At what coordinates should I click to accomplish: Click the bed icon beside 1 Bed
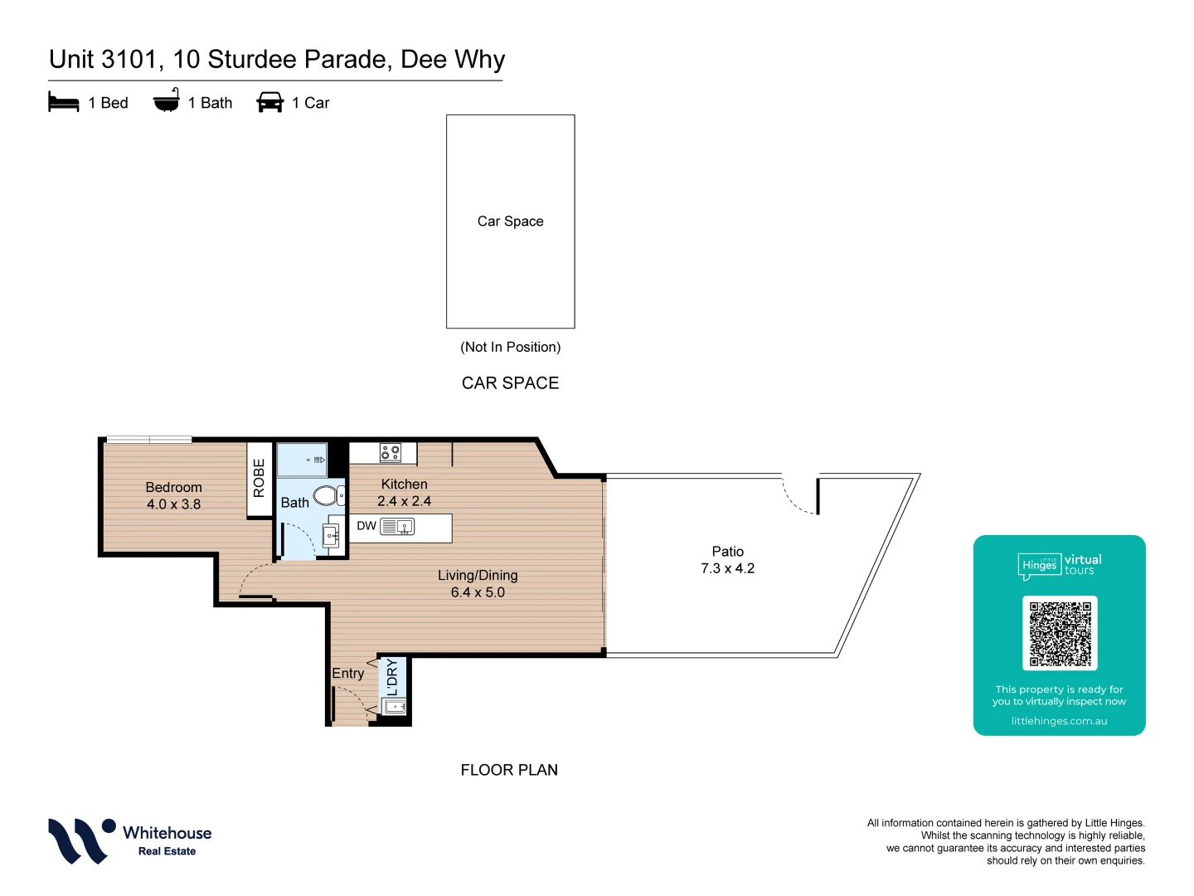click(64, 102)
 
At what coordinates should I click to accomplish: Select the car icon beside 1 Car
click(270, 102)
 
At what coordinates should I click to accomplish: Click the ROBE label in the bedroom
click(259, 479)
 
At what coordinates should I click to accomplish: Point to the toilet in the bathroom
click(327, 495)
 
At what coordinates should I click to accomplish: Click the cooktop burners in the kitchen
click(390, 453)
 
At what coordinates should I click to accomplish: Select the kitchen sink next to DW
click(397, 526)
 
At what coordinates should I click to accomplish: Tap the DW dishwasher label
click(366, 526)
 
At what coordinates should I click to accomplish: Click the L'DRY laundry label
click(392, 677)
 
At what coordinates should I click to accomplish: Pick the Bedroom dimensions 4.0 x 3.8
click(173, 504)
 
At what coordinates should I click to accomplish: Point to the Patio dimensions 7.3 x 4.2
click(727, 568)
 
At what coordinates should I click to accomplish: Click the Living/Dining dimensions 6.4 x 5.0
click(478, 592)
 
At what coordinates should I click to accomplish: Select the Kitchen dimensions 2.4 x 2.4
click(404, 501)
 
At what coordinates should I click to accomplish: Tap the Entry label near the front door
click(347, 674)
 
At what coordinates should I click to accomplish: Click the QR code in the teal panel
click(1060, 633)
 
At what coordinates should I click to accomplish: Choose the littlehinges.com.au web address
click(1059, 721)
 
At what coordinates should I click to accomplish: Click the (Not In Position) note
click(510, 347)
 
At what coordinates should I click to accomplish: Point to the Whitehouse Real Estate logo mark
click(80, 840)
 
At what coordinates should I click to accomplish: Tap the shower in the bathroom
click(301, 460)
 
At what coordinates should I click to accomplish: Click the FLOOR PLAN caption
click(509, 770)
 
